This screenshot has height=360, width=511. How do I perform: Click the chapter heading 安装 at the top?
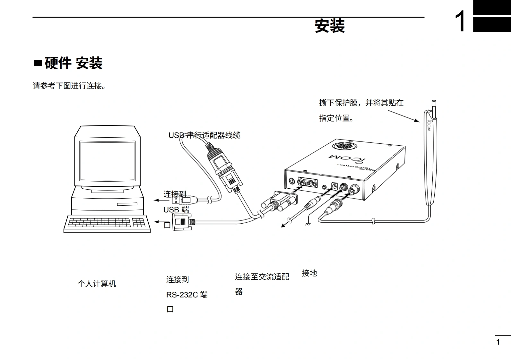(x=330, y=26)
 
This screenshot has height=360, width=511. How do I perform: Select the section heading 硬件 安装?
(x=74, y=63)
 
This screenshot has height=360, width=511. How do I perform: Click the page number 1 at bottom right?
(x=498, y=342)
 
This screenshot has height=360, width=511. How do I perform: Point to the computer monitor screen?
(x=108, y=160)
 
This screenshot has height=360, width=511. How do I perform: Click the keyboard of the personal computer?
(x=107, y=223)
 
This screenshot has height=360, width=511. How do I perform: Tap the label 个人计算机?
(x=97, y=284)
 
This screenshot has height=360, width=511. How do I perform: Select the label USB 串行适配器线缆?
(x=204, y=135)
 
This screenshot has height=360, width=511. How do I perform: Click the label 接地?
(x=309, y=273)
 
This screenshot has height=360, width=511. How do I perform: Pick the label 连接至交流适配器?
(x=262, y=277)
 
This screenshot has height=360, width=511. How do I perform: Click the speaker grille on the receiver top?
(x=344, y=146)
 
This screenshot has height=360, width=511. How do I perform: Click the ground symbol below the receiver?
(x=307, y=223)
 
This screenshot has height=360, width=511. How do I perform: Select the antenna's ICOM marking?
(x=429, y=125)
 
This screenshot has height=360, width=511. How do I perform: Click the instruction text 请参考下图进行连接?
(x=69, y=86)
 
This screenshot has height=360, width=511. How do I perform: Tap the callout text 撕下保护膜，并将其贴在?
(x=361, y=103)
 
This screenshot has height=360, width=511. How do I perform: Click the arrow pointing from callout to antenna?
(x=403, y=116)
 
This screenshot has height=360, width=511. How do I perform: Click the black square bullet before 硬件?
(x=38, y=63)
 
